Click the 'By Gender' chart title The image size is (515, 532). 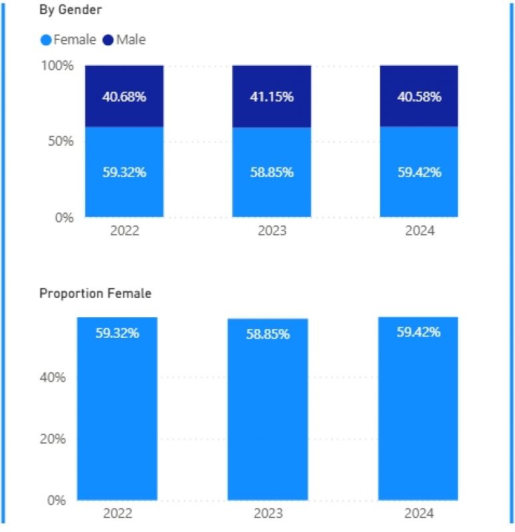(70, 10)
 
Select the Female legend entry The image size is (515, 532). (69, 40)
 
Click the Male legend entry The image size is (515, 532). (124, 40)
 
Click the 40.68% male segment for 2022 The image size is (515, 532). (124, 96)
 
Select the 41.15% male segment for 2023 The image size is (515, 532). (271, 96)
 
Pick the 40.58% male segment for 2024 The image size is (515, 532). (419, 96)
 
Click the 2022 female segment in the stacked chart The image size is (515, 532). (124, 172)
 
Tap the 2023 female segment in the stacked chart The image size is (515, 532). (271, 172)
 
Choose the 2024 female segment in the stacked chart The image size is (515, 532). (419, 172)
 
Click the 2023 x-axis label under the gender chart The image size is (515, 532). (271, 231)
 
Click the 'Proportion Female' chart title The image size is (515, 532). (95, 293)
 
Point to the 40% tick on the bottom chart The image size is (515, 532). (54, 378)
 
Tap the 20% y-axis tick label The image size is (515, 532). (54, 439)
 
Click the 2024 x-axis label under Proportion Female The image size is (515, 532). (419, 513)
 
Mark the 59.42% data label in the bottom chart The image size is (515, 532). (419, 332)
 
